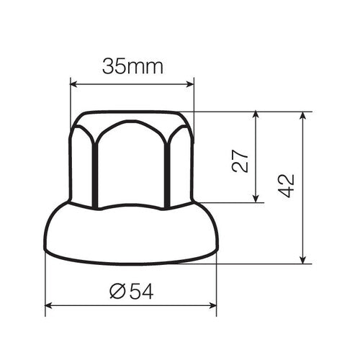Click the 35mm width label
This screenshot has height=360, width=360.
tap(132, 67)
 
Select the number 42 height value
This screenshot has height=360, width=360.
tap(287, 185)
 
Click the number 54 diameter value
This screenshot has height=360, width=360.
tap(141, 291)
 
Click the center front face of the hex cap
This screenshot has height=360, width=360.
tap(131, 162)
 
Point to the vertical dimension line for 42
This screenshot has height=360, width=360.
tap(303, 216)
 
